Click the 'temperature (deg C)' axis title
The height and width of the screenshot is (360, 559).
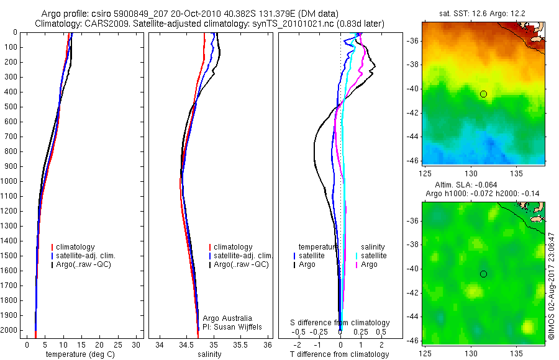(79, 354)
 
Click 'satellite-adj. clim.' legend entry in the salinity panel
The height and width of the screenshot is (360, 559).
(243, 256)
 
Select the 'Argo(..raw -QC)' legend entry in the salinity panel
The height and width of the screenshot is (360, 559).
(241, 264)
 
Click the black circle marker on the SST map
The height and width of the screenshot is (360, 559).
(483, 94)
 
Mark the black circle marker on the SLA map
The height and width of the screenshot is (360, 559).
(483, 274)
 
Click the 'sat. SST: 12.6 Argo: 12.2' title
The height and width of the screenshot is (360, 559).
(483, 13)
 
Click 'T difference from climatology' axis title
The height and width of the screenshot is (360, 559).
(340, 354)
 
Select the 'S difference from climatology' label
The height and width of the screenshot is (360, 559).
(340, 323)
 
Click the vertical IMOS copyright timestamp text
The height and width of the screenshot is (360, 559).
(551, 286)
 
